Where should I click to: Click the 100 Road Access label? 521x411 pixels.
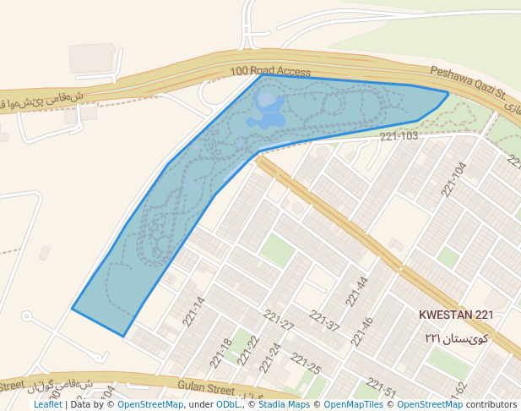tap(270, 73)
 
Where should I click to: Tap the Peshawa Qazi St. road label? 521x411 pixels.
tap(467, 80)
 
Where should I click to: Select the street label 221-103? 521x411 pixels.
tap(399, 136)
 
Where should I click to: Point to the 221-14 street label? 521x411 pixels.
tap(193, 310)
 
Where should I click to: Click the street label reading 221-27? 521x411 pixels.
tap(278, 321)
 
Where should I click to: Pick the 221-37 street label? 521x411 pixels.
tap(324, 321)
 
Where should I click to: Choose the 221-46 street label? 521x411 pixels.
tap(362, 332)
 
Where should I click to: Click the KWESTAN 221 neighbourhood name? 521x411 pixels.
tap(456, 315)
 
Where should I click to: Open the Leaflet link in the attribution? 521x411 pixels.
tap(47, 405)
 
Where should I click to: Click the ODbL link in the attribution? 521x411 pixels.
tap(228, 405)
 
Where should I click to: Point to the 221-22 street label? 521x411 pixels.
tap(247, 349)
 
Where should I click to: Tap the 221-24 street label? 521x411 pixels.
tap(271, 358)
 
